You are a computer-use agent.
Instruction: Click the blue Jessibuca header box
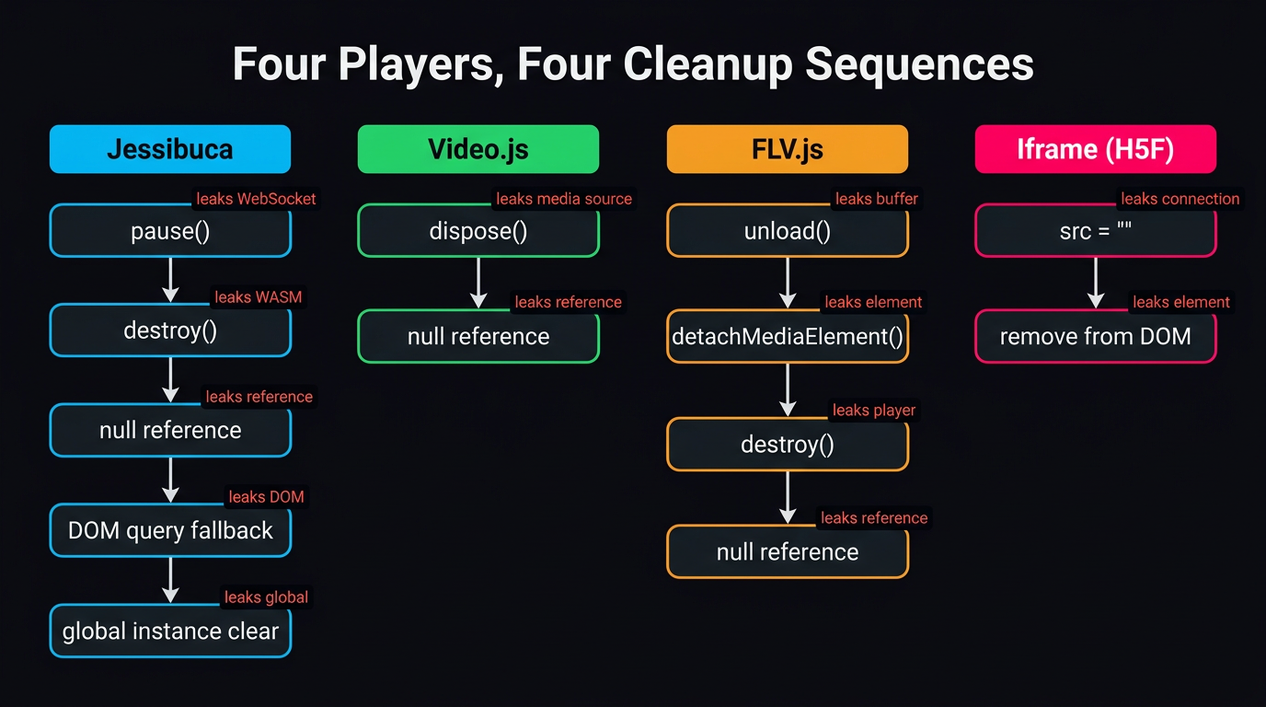click(x=170, y=149)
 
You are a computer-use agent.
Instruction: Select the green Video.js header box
click(x=478, y=149)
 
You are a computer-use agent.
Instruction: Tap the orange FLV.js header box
click(x=787, y=149)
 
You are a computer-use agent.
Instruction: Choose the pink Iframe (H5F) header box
click(x=1095, y=149)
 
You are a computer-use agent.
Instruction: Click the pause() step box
click(x=170, y=231)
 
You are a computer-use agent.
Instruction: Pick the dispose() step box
click(x=478, y=231)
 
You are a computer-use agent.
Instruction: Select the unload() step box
click(x=787, y=231)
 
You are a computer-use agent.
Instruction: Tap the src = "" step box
click(x=1095, y=231)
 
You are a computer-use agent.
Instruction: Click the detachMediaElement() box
click(x=787, y=337)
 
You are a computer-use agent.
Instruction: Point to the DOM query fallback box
click(x=170, y=530)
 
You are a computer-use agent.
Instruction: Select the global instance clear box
click(x=170, y=632)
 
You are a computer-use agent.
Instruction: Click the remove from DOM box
click(x=1095, y=337)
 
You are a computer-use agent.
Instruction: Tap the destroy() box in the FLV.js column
click(x=787, y=445)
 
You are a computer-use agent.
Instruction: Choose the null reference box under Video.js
click(x=478, y=337)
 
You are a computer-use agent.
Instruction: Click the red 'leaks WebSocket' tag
click(x=256, y=199)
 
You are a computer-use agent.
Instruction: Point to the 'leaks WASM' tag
click(x=258, y=297)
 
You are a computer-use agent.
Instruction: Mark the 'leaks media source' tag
click(x=564, y=199)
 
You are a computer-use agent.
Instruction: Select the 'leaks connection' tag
click(x=1180, y=199)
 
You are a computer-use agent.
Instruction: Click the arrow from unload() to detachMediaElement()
click(x=787, y=283)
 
